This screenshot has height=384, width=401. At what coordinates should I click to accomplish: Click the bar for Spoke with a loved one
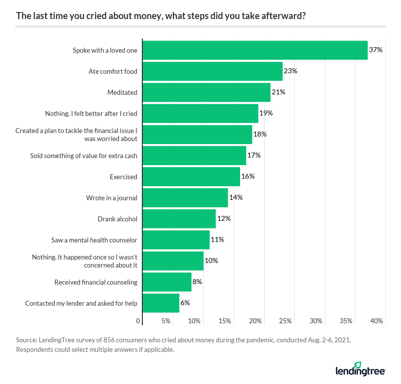tap(255, 50)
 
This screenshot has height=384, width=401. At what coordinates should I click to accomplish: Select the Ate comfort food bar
tap(213, 71)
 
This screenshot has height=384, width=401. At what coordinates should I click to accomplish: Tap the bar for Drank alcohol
tap(179, 219)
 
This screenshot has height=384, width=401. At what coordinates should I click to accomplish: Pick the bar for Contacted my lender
tap(161, 303)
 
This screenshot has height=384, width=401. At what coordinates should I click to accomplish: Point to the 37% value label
tap(376, 50)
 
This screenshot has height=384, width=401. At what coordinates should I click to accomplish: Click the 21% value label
tap(278, 92)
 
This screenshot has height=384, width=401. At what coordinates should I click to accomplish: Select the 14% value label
tap(236, 198)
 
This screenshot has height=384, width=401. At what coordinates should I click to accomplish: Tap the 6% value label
tap(185, 303)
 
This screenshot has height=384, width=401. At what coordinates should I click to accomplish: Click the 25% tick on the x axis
tap(285, 321)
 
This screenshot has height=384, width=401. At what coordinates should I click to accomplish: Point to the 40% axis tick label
tap(376, 321)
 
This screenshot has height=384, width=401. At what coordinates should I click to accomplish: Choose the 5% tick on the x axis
tap(166, 321)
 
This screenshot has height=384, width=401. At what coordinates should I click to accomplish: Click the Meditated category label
tap(122, 92)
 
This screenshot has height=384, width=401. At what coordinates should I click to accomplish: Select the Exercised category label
tap(123, 177)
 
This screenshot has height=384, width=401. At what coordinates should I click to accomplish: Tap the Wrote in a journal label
tap(111, 198)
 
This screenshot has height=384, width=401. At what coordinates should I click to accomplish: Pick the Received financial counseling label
tap(96, 282)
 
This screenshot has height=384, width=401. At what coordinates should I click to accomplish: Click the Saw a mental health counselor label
tap(94, 240)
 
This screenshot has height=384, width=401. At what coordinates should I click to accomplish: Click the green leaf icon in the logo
tap(358, 365)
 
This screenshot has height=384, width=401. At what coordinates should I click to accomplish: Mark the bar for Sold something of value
tap(194, 156)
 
